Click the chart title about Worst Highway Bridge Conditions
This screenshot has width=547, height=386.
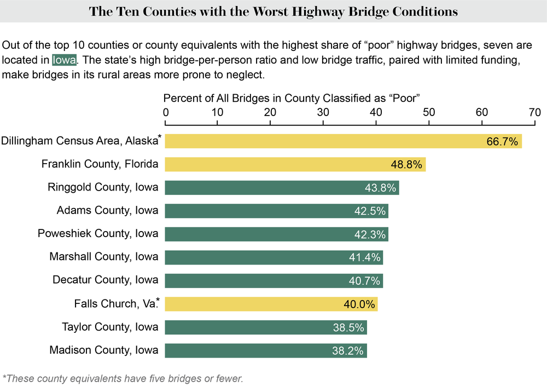point(273,11)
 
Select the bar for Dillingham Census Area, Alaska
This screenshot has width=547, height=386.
point(343,141)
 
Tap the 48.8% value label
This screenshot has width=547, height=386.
point(406,164)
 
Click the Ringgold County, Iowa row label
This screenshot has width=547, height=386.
point(103,187)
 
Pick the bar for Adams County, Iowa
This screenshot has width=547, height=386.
point(276,211)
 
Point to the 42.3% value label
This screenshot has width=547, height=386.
point(369,234)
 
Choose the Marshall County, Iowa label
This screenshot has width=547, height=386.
point(104,257)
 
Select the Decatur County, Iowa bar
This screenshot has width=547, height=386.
point(273,280)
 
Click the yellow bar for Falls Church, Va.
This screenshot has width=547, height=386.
point(271,304)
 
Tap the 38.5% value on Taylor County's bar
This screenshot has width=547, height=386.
point(348,327)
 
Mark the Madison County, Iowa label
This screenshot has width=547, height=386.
point(104,350)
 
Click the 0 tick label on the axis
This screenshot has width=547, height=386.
point(166,112)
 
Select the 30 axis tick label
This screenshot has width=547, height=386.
point(323,112)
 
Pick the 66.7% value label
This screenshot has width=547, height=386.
point(502,142)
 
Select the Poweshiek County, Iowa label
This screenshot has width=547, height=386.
point(98,234)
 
